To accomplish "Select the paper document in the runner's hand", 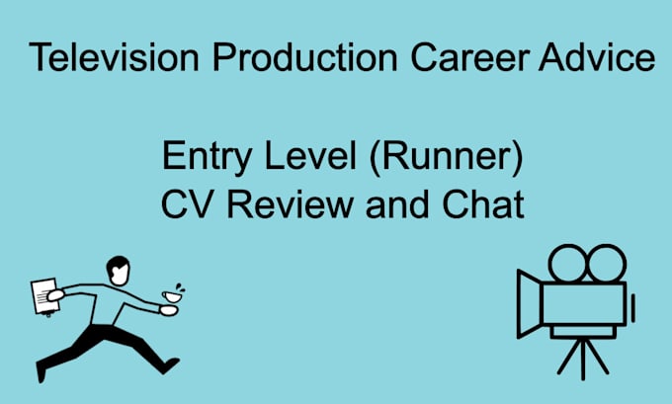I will [x=44, y=295].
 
